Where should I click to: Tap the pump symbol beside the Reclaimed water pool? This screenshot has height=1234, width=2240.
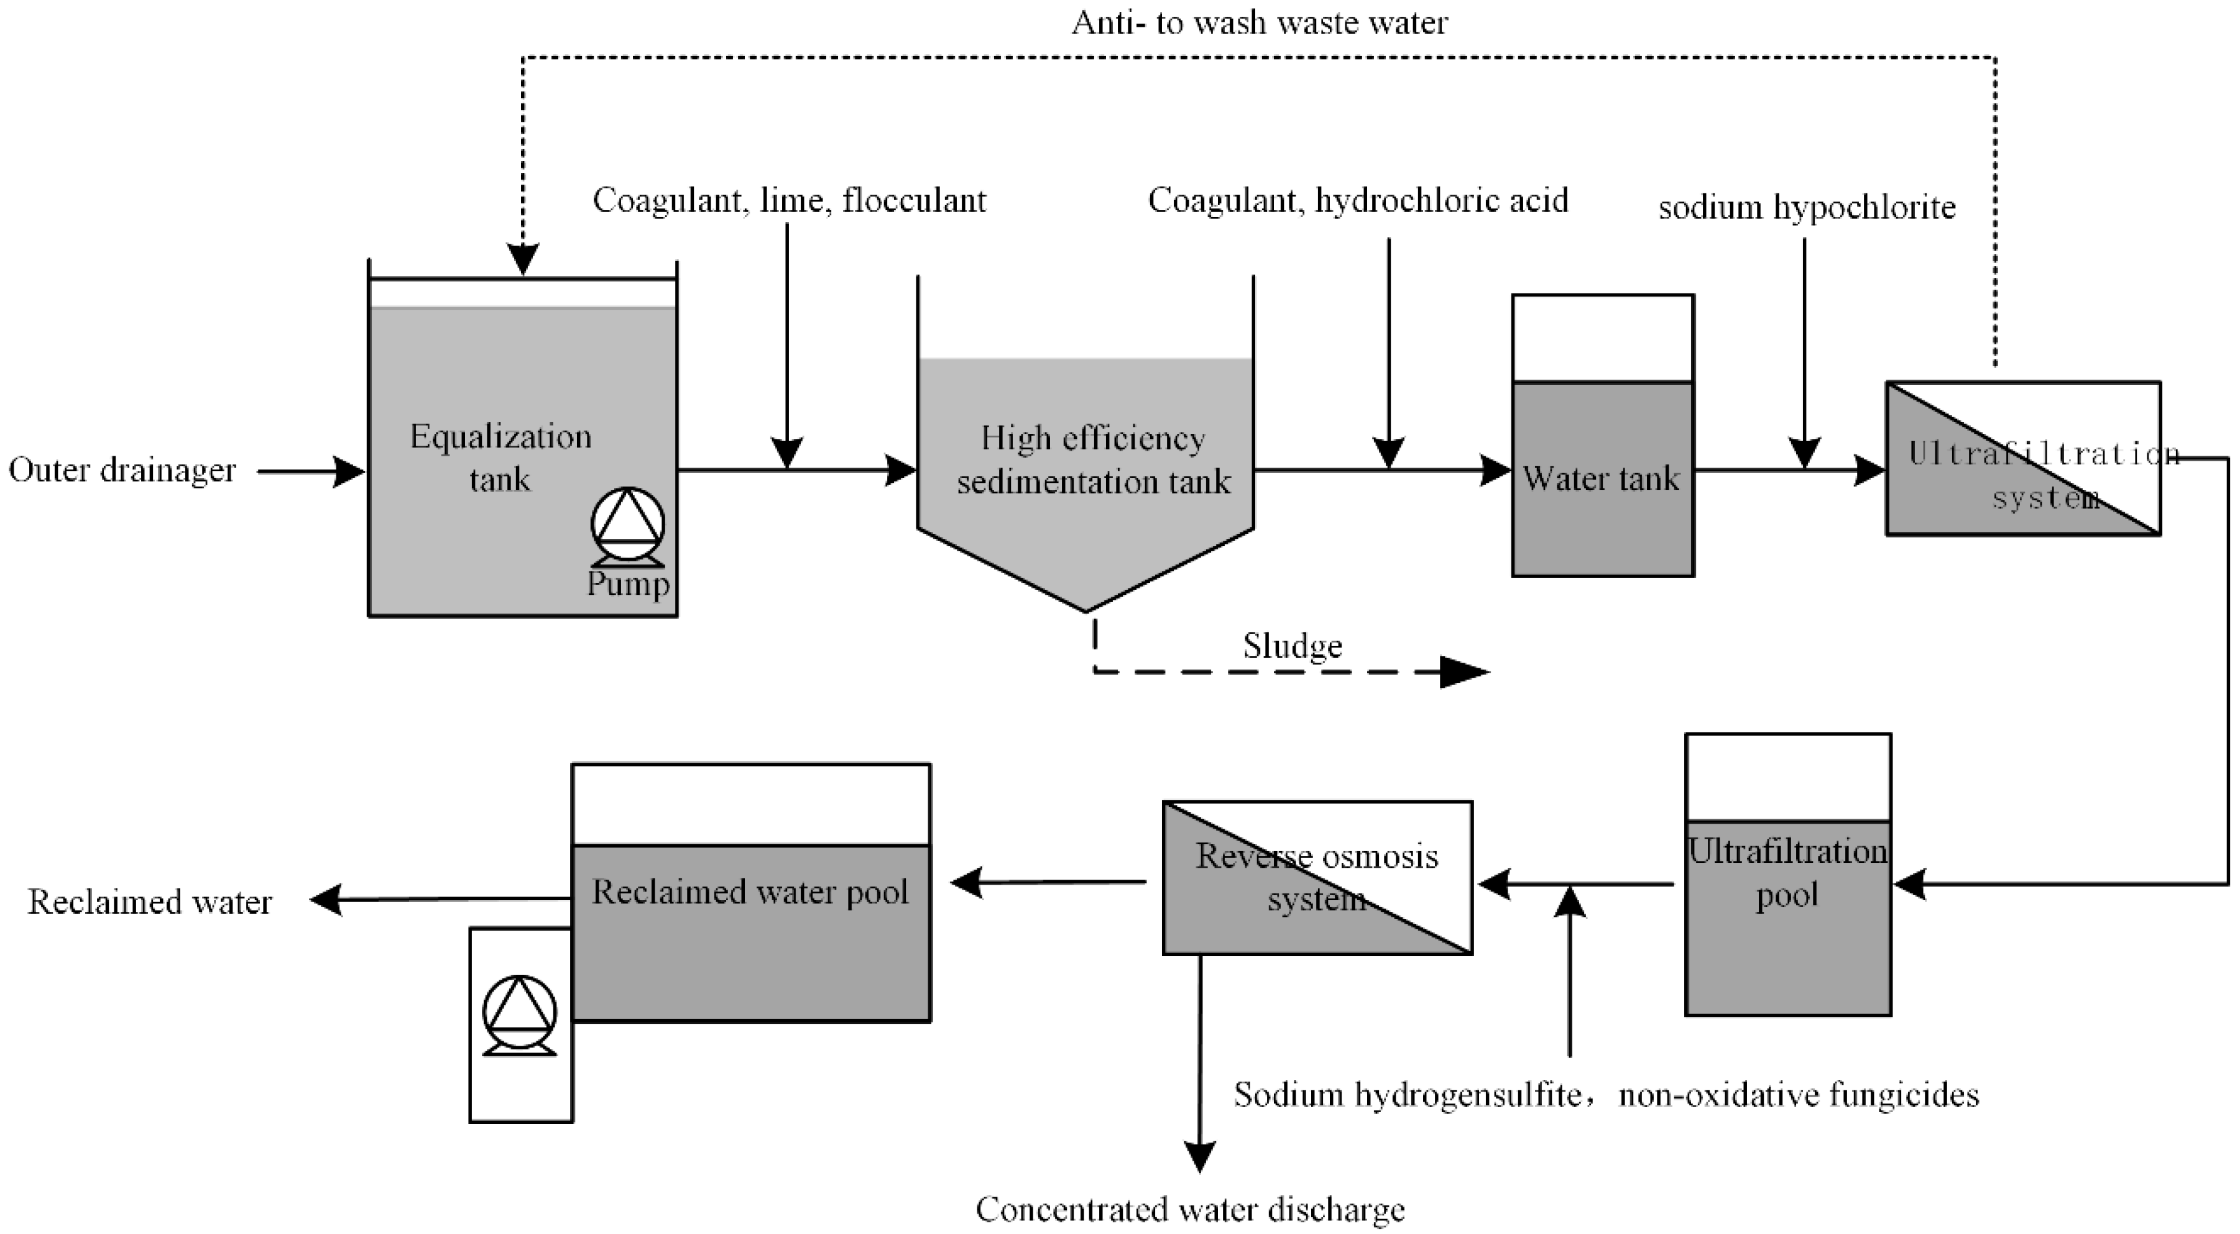(519, 1014)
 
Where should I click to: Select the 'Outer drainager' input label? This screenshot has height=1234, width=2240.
(122, 471)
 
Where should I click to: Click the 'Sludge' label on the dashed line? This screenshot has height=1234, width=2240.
(1292, 646)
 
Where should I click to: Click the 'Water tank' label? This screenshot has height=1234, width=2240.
(1601, 478)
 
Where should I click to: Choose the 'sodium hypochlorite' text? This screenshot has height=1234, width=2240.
(1807, 208)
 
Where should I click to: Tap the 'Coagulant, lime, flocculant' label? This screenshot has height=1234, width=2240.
(789, 201)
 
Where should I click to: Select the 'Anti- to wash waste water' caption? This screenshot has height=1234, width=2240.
(1259, 22)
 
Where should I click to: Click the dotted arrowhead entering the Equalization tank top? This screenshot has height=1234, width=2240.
(523, 259)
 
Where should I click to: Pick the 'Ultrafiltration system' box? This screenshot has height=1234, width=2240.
(2022, 458)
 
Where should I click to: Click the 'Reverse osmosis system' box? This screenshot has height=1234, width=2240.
(1317, 877)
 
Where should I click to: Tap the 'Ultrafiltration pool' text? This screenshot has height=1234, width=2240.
(1788, 872)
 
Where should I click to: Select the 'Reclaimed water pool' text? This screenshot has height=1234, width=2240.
(750, 892)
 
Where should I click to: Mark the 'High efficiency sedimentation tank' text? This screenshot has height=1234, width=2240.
(1093, 459)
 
